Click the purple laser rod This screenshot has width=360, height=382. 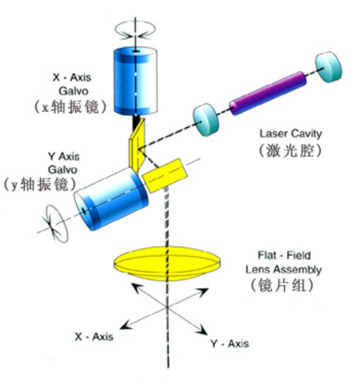tap(268, 93)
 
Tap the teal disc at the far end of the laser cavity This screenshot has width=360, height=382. tap(329, 67)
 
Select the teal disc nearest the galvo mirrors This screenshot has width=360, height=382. tap(206, 120)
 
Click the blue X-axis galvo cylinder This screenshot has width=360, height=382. tap(135, 81)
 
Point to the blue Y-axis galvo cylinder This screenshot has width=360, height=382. tap(111, 198)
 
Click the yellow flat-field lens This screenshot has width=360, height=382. tap(167, 264)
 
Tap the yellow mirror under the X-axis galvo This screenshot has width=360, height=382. tap(137, 145)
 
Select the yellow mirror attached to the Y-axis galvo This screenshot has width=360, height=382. tap(165, 175)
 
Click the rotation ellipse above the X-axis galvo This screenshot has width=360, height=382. tap(135, 30)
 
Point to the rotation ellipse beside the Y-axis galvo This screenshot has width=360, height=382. tap(56, 224)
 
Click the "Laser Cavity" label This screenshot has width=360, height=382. tap(291, 133)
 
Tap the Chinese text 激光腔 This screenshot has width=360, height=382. tap(290, 151)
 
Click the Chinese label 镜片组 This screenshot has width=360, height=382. tap(282, 285)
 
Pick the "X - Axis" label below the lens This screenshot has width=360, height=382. tap(94, 336)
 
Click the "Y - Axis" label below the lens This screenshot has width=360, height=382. tap(230, 344)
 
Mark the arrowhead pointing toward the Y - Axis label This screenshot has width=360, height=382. tap(203, 330)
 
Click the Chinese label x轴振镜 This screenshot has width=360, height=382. tap(71, 107)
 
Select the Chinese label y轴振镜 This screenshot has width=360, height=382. tap(39, 184)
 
